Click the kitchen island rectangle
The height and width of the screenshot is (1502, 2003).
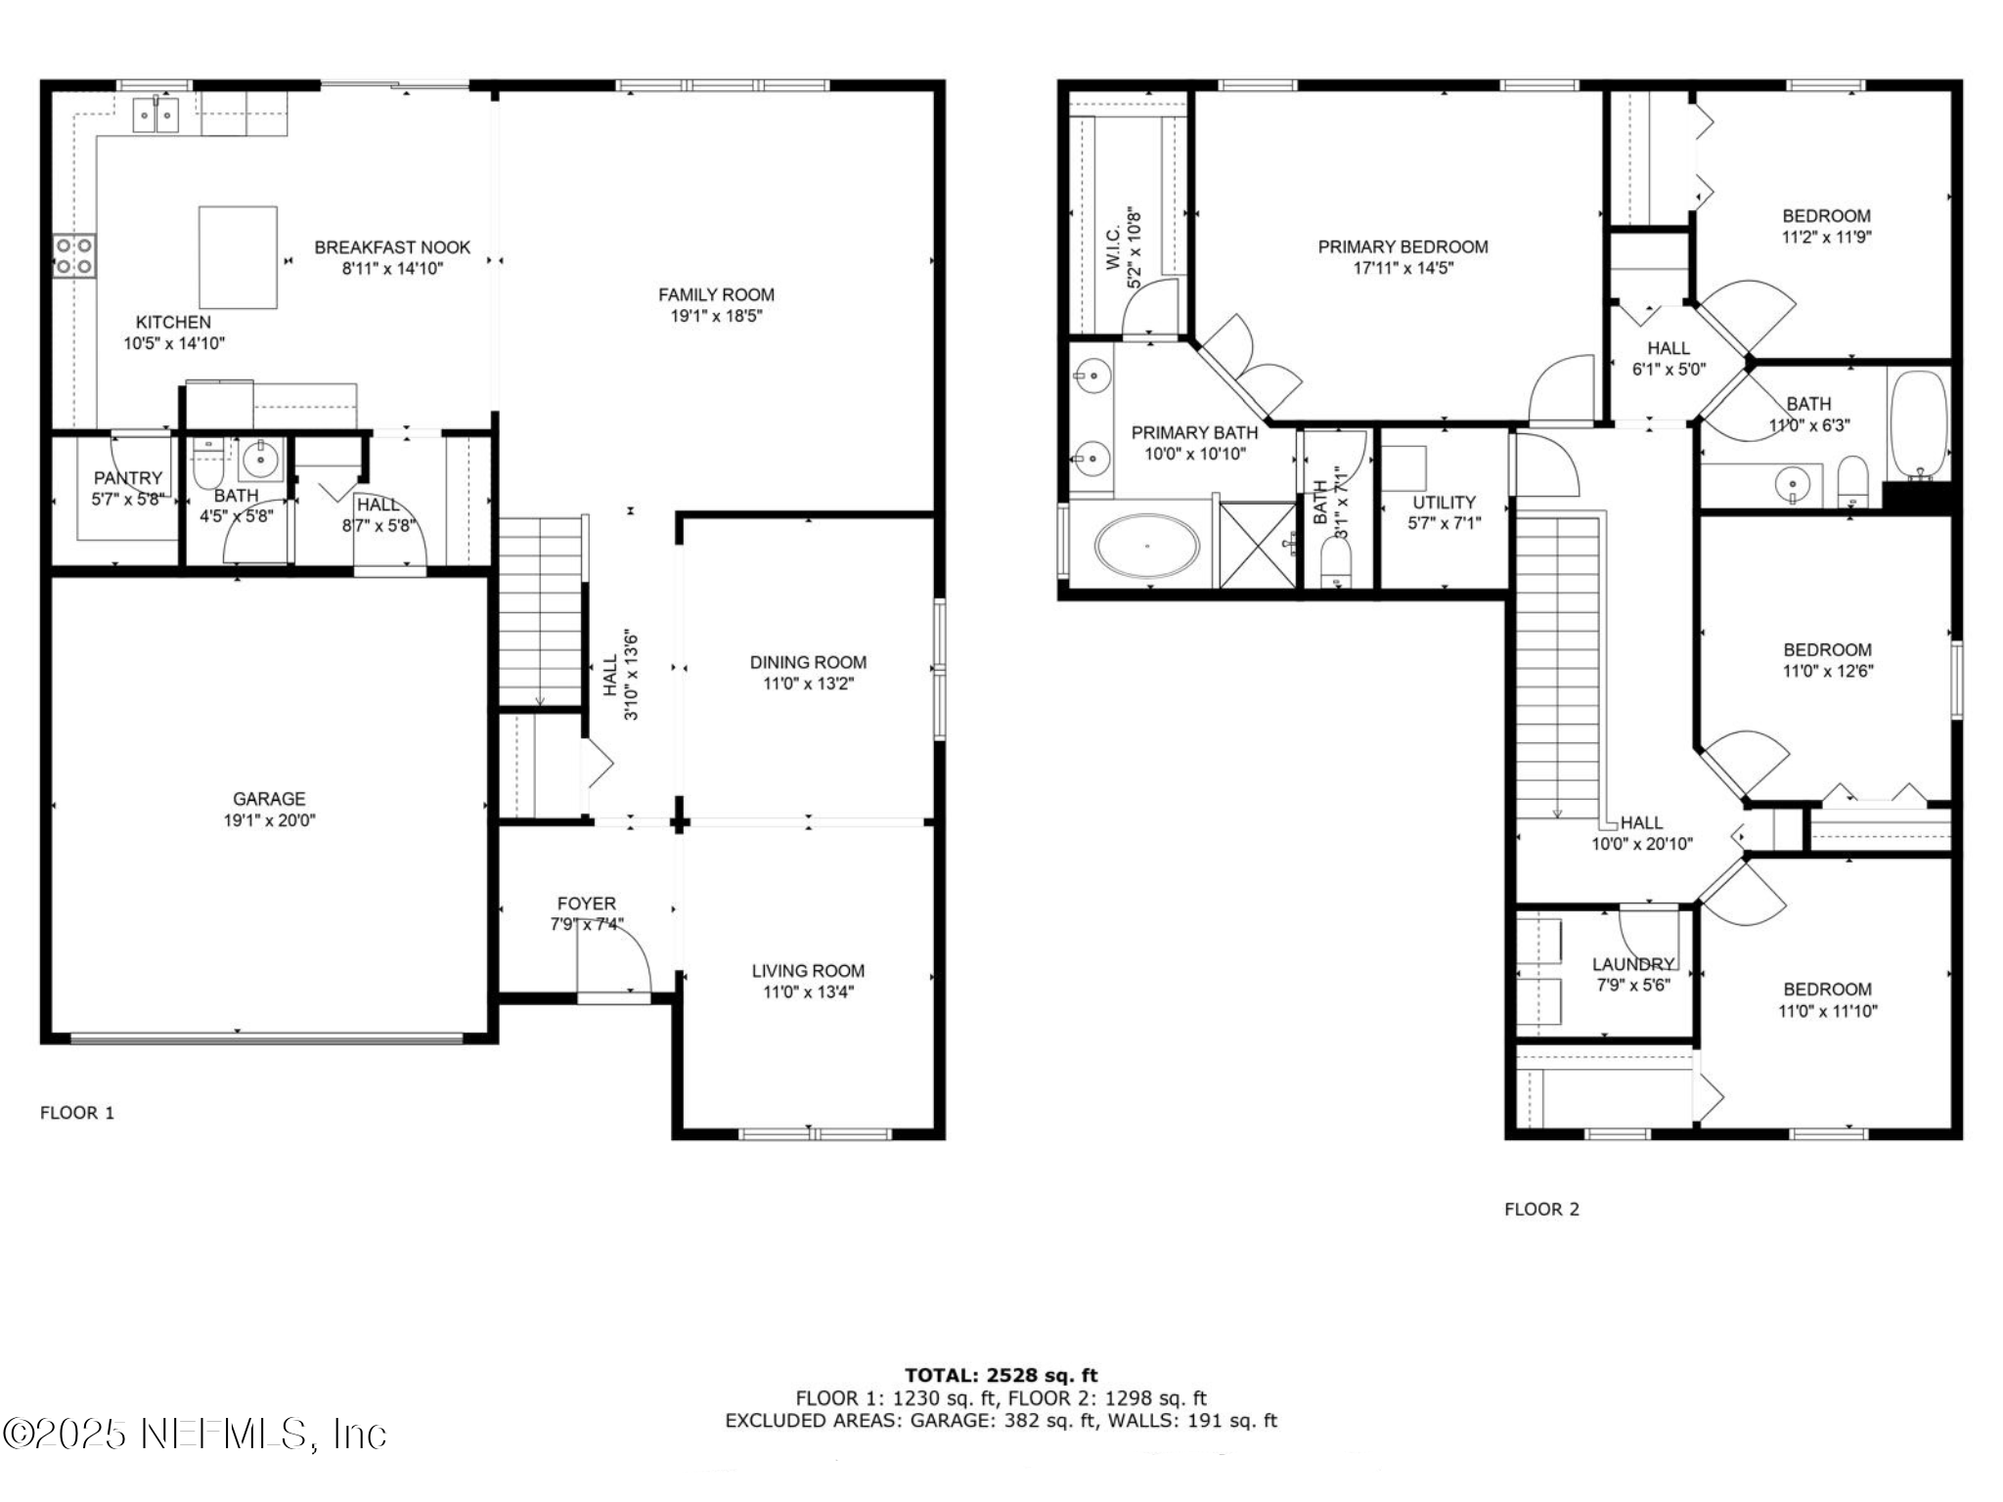238,257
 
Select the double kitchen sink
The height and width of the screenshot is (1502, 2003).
156,116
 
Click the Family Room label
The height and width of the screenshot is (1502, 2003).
716,294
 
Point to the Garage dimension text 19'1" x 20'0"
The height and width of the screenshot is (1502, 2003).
269,820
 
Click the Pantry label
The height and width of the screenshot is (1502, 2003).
127,478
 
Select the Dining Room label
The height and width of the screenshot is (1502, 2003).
808,662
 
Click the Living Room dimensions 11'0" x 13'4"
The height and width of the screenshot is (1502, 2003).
808,993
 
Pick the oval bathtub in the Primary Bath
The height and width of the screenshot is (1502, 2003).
1146,547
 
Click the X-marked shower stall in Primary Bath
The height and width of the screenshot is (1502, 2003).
1259,545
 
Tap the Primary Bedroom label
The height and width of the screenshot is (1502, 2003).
1402,247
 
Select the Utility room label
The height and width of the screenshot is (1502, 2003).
1444,502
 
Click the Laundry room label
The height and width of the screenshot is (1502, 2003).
1632,964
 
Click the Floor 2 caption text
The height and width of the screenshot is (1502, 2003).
1541,1209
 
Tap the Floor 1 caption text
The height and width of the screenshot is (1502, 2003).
77,1113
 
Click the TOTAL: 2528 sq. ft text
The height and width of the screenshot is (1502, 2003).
1001,1376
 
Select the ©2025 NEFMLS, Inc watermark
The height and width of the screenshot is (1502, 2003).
195,1434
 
